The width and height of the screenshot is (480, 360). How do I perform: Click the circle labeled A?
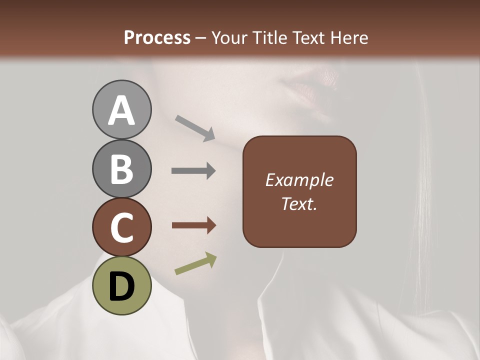coord(121,109)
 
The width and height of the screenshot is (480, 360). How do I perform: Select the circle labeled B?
coord(121,168)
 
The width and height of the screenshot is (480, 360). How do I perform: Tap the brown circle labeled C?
coord(121,227)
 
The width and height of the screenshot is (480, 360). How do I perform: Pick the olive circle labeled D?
coord(121,285)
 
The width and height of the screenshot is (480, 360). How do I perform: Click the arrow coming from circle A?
coord(195,128)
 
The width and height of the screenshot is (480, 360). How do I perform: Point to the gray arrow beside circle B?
coord(193,171)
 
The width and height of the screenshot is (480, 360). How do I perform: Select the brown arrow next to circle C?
coord(194,225)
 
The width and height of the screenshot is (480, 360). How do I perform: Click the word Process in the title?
coord(157,37)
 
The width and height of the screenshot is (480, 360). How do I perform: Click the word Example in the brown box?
coord(299,180)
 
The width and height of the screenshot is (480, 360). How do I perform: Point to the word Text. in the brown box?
coord(299,203)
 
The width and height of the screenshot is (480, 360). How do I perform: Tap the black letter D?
coord(121,286)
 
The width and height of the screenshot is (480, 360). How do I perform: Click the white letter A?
coord(121,110)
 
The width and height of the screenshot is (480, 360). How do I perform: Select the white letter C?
coord(121,227)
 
